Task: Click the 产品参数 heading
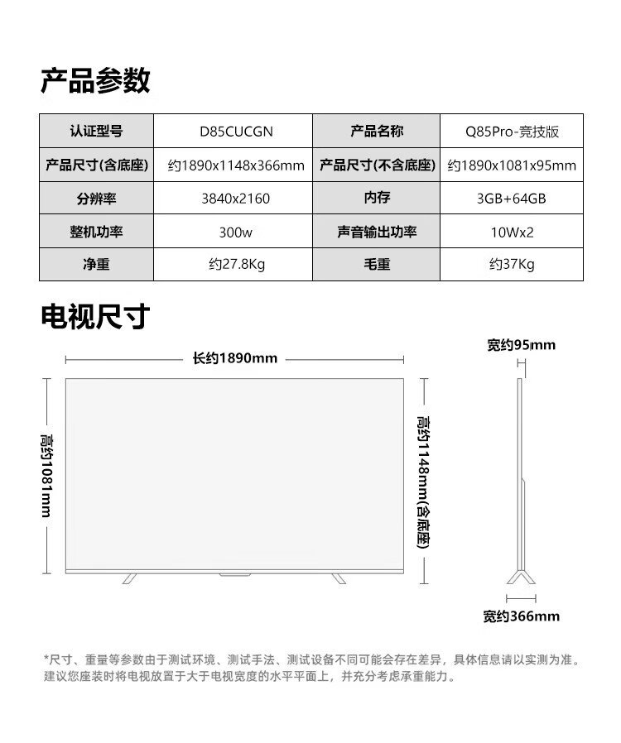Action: point(95,80)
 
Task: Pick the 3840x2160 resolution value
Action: point(235,199)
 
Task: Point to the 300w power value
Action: point(235,232)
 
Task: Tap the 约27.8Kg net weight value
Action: point(235,265)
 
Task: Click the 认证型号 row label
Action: point(95,132)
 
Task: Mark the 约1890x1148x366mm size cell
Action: point(236,165)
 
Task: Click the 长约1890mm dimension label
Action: point(235,359)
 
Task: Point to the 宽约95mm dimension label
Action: point(521,345)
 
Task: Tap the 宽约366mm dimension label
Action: point(521,616)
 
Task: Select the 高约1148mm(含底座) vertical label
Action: point(424,480)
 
